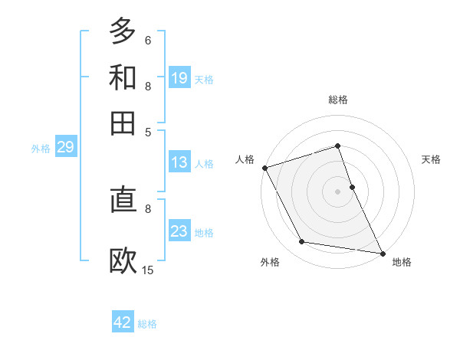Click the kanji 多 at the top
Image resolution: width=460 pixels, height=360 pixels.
coord(123,31)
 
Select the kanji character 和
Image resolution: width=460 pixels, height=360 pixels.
coord(123,77)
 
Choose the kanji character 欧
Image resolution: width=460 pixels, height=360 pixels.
coord(123,261)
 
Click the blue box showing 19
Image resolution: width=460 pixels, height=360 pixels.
coord(179,77)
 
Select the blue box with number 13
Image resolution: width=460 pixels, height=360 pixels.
coord(179,162)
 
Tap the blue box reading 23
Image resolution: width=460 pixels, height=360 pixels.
coord(179,231)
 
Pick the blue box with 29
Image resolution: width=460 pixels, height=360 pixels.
coord(65,148)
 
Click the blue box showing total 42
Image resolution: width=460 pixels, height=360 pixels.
coord(123,322)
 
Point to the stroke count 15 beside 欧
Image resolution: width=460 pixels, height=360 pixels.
coord(148,270)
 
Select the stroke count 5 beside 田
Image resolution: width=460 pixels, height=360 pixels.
coord(147,131)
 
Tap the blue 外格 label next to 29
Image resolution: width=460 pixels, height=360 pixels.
coord(41,149)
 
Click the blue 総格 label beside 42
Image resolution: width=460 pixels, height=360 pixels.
coord(147,324)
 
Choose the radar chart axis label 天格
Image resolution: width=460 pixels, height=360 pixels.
coord(431,159)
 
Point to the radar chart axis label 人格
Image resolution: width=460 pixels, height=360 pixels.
coord(245,159)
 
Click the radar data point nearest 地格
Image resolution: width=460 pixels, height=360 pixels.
coord(381,253)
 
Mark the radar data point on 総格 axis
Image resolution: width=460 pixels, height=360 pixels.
coord(337,146)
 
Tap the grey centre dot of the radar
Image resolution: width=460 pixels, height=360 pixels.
coord(337,191)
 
